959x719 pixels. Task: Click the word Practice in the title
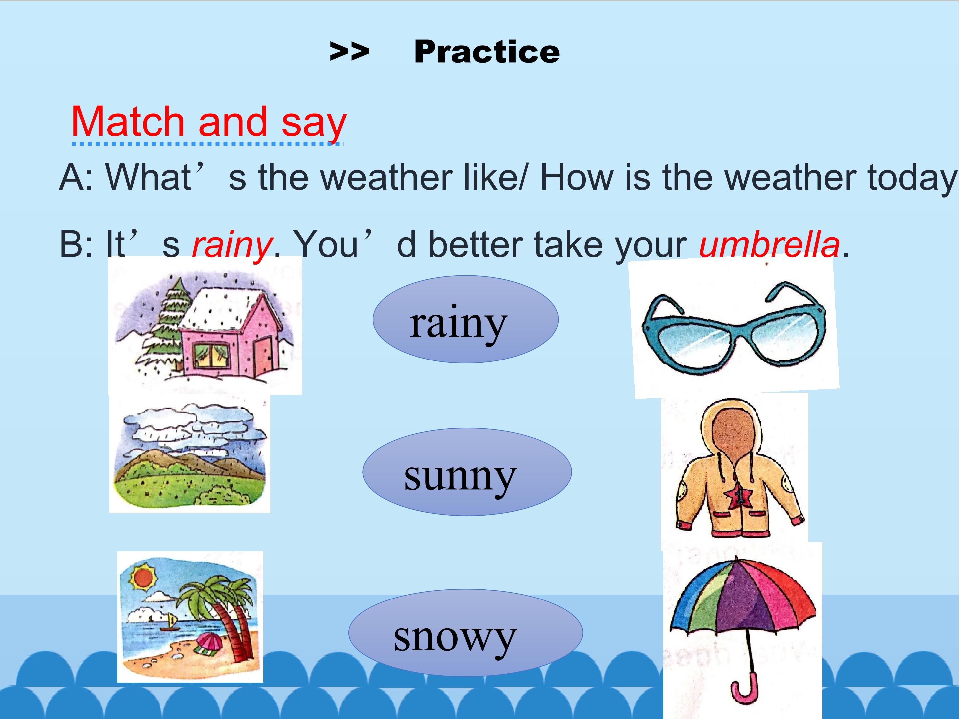486,52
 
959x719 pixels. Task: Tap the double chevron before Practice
349,52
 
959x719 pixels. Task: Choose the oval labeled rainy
466,320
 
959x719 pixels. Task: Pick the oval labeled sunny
467,472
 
